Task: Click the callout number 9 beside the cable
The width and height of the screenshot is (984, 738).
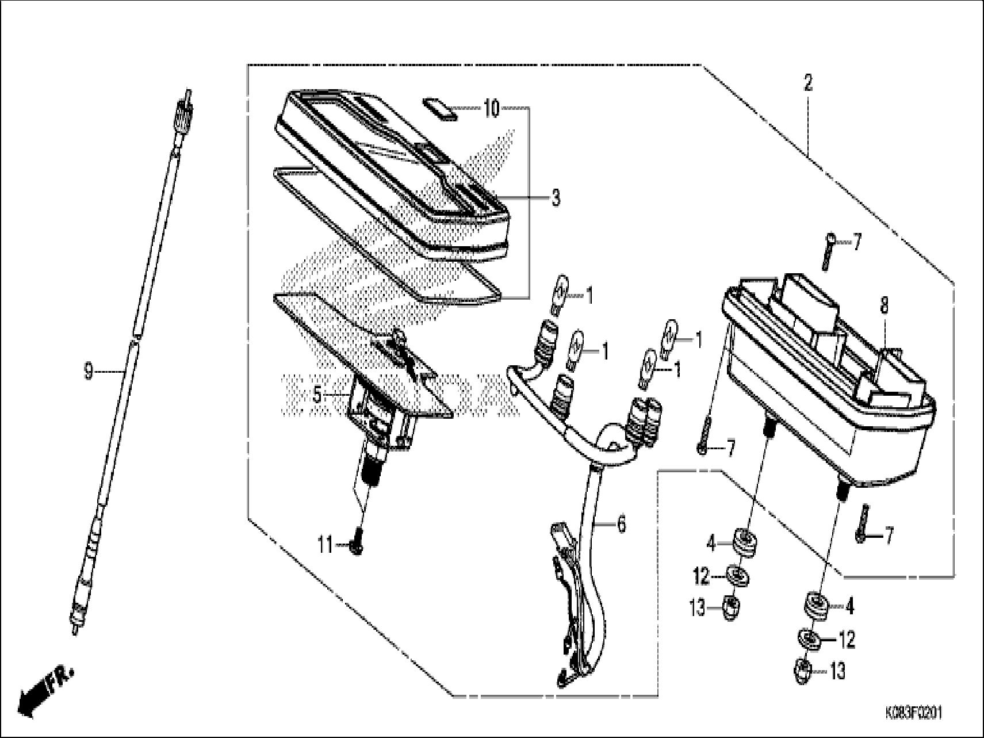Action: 88,372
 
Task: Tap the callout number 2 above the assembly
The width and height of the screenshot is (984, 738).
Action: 808,84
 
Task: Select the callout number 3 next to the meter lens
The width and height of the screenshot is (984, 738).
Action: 555,198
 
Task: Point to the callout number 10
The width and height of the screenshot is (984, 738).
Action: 491,108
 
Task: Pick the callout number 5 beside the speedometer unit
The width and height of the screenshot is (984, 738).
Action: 317,395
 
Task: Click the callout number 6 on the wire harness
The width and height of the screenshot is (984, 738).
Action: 621,525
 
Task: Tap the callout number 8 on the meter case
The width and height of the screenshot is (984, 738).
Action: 884,307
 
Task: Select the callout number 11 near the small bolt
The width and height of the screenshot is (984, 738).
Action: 326,544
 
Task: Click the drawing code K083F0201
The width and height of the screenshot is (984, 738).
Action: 913,714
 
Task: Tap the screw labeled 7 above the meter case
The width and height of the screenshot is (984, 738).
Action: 828,251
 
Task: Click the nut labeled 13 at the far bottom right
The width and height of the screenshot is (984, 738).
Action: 804,671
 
